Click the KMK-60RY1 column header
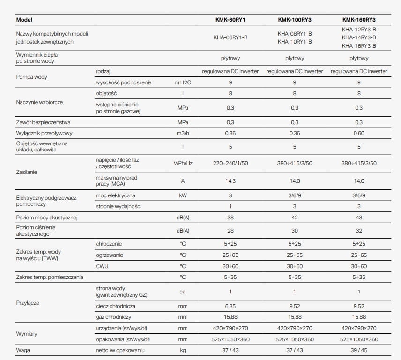(x=230, y=20)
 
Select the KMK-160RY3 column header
(x=359, y=20)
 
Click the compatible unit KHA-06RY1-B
(x=230, y=37)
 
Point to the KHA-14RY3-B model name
(x=359, y=37)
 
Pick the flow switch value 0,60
(x=359, y=134)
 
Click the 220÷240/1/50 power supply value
(x=230, y=163)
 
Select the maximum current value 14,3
(x=230, y=181)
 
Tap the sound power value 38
(x=230, y=217)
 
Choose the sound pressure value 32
(x=359, y=230)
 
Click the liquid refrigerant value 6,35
(x=230, y=306)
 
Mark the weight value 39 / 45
(x=359, y=350)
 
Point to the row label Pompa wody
(x=31, y=77)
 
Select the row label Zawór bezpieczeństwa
(x=43, y=122)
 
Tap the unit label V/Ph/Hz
(x=183, y=163)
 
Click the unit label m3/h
(x=183, y=134)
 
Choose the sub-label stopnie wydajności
(x=118, y=206)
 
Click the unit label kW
(x=183, y=195)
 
